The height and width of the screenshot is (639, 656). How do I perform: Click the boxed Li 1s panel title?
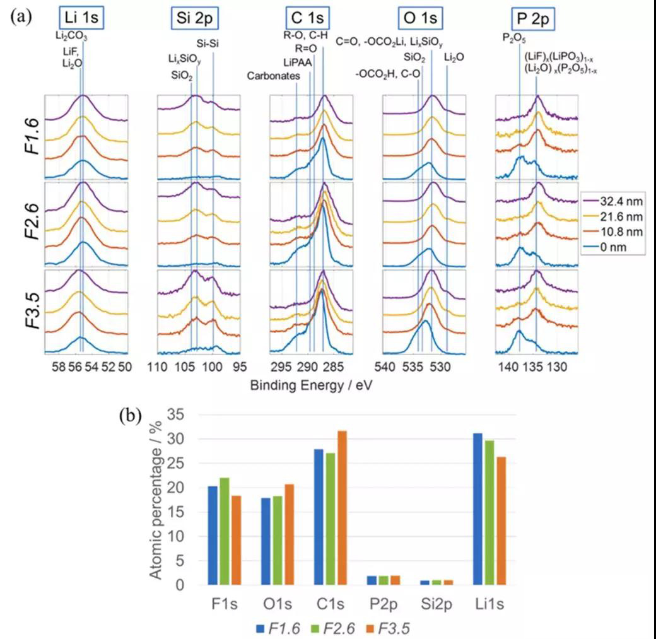click(x=81, y=19)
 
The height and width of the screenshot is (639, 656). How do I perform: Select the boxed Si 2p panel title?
click(x=194, y=19)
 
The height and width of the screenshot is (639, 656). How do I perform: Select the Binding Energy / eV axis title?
click(x=311, y=385)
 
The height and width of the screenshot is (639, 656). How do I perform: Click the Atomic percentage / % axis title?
click(x=156, y=498)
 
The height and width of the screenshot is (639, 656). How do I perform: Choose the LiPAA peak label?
click(x=296, y=63)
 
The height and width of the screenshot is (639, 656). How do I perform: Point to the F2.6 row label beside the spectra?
click(x=22, y=224)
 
